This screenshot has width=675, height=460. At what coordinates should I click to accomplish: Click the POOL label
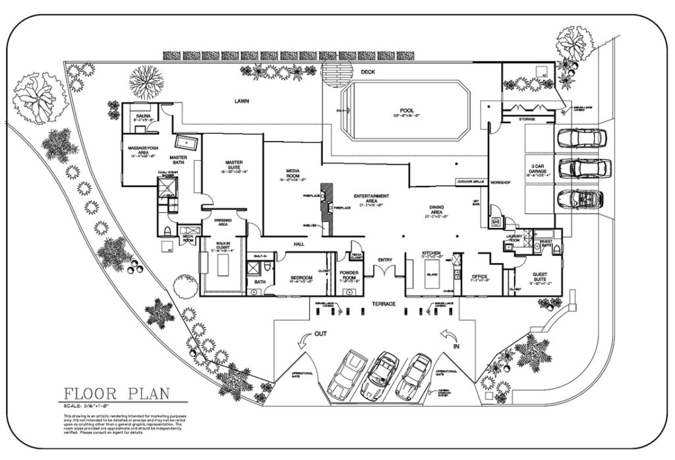tap(406, 111)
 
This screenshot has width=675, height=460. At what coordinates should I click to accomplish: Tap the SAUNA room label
tap(143, 115)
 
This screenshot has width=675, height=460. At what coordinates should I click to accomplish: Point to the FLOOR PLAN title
tap(117, 395)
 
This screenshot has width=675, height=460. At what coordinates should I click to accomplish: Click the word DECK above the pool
tap(368, 72)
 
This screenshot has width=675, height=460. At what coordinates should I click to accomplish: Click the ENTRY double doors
tap(384, 270)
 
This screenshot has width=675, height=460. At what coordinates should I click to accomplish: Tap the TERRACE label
tap(384, 304)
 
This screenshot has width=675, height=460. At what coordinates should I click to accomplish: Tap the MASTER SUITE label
tap(234, 165)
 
